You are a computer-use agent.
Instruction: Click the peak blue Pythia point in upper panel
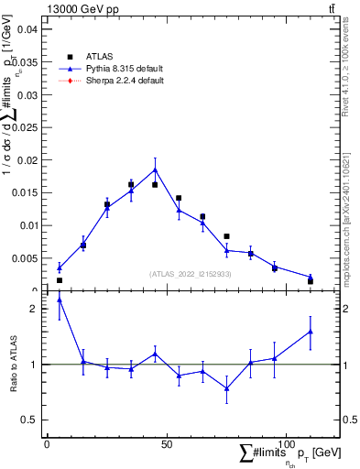155,169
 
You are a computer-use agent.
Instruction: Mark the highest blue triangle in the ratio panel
60,300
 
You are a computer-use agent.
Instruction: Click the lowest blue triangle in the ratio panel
226,388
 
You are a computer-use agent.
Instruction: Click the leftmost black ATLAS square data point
60,280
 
